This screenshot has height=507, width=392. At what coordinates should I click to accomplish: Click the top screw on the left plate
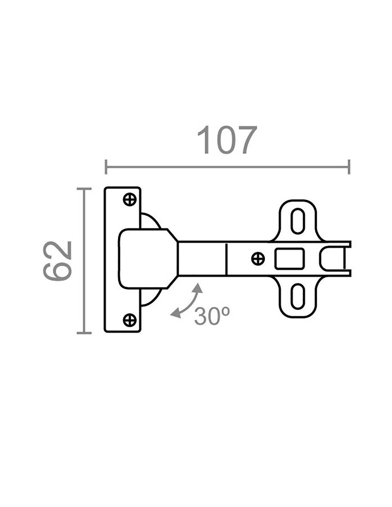130,200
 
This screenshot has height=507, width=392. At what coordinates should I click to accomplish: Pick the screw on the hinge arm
258,258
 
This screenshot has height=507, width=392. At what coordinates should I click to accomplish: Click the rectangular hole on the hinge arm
290,259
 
